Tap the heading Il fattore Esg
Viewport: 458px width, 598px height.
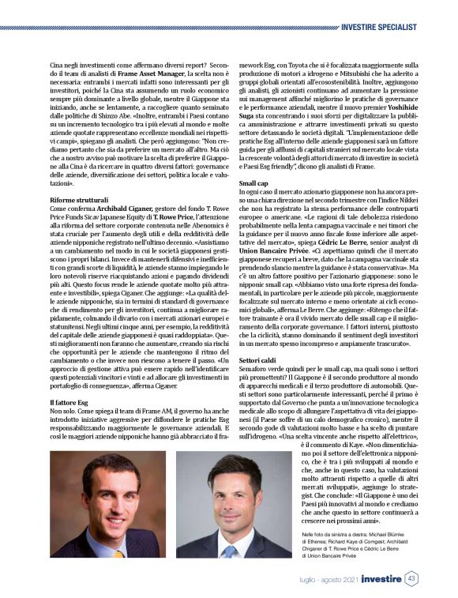point(66,402)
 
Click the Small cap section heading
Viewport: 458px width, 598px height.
point(253,182)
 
